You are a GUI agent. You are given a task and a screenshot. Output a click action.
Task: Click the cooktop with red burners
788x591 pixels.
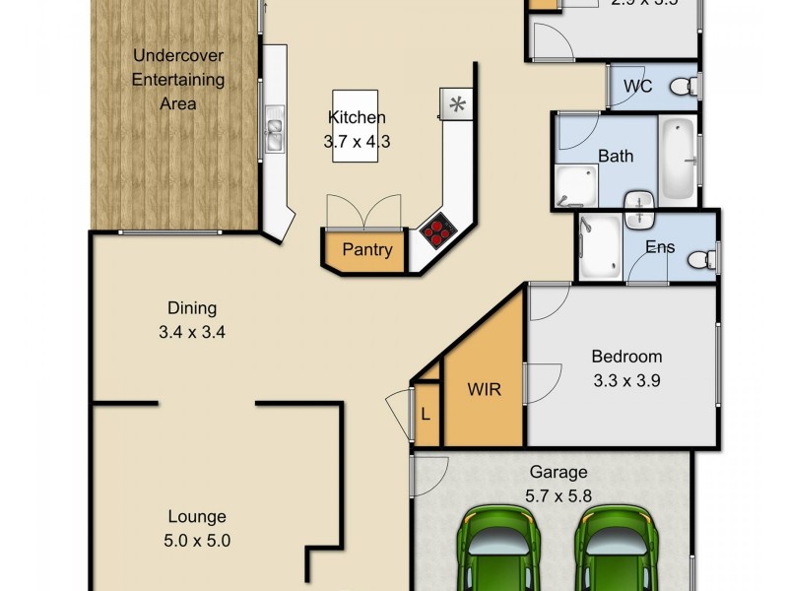(x=437, y=231)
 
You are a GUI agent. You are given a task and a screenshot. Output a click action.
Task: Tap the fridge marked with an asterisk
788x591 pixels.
(x=456, y=104)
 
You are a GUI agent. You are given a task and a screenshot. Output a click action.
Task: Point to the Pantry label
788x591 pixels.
(x=367, y=250)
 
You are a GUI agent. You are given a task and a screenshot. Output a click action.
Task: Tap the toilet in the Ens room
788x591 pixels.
(x=700, y=259)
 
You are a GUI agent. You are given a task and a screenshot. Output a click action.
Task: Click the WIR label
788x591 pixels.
(x=483, y=389)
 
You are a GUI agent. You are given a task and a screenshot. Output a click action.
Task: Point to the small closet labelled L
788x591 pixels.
(x=425, y=414)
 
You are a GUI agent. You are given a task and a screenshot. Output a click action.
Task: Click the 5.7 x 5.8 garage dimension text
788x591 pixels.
(x=558, y=496)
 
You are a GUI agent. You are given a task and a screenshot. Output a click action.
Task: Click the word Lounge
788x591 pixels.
(x=197, y=516)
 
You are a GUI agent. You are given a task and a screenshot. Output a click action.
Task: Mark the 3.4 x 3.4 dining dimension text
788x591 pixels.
(x=192, y=332)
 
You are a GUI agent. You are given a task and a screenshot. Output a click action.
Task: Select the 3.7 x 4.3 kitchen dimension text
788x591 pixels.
(x=358, y=141)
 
